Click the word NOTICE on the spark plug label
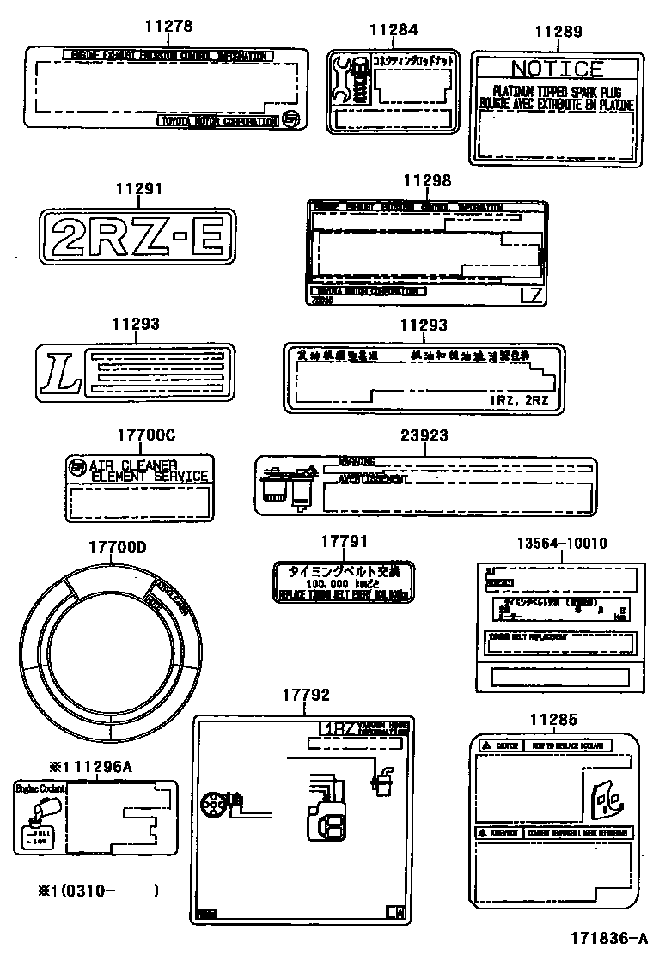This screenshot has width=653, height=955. pos(557,69)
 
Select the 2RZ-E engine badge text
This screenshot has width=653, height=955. pos(137,237)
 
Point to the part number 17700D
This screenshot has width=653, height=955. pos(118,547)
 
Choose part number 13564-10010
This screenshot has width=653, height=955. pos(562,544)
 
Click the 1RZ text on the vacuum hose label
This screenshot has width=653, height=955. pos(339,728)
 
